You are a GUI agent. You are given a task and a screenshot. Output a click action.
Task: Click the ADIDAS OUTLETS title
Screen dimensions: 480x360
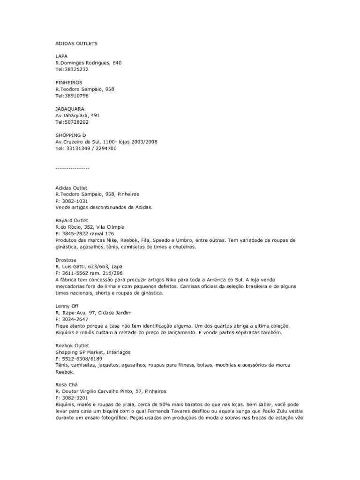click(x=77, y=43)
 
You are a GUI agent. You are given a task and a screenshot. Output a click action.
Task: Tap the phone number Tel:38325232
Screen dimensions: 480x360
click(x=72, y=69)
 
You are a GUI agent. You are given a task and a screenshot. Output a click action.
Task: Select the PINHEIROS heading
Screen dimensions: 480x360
click(x=69, y=82)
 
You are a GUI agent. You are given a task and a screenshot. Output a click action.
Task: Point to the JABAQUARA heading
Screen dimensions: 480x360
click(x=70, y=109)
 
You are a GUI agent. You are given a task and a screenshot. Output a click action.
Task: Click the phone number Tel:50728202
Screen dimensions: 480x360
click(x=72, y=122)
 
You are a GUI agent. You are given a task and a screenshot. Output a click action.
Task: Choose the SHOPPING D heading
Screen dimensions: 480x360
click(x=71, y=135)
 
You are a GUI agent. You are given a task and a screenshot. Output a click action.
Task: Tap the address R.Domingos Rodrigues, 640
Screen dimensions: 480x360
click(x=89, y=63)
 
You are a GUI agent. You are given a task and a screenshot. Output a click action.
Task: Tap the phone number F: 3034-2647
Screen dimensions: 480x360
click(x=72, y=319)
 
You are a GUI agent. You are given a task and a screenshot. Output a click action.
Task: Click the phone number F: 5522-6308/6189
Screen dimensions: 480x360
click(x=80, y=358)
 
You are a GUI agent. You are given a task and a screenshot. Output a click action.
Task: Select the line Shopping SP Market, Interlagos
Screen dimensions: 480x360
click(x=93, y=352)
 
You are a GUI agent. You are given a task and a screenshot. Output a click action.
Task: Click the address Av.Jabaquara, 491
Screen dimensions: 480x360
click(x=77, y=115)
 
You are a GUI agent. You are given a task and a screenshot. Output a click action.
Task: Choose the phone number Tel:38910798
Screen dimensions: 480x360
click(x=72, y=96)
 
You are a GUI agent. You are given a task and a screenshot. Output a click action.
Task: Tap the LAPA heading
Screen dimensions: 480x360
click(x=61, y=56)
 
